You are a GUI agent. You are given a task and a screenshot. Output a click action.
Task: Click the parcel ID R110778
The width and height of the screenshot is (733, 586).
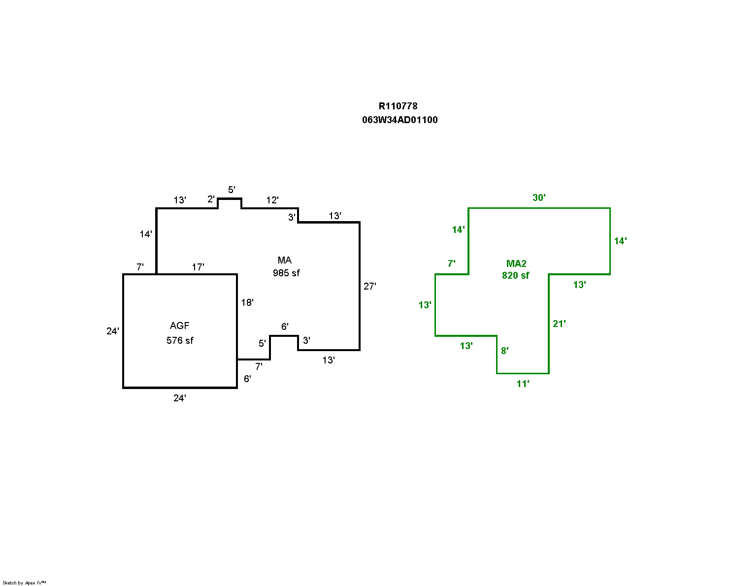pos(398,106)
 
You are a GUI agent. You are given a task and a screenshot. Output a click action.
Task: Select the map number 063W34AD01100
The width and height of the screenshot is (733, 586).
pos(400,120)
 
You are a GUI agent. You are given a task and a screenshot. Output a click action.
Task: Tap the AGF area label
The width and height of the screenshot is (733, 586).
pos(179,326)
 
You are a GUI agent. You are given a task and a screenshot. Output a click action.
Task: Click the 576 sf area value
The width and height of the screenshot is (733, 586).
pos(180,340)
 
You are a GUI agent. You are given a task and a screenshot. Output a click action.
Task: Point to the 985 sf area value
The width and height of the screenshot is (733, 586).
pos(286,273)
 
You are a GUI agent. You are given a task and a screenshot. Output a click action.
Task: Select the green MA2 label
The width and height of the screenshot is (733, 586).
pos(516,263)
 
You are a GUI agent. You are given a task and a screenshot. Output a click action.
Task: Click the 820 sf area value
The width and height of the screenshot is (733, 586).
pos(516,275)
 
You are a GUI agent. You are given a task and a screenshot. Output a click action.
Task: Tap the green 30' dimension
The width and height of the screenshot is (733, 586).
pos(539,197)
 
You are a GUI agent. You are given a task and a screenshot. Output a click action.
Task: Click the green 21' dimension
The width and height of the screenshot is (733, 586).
pos(559,324)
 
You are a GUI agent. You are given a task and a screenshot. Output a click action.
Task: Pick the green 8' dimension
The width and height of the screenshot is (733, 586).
pos(505,351)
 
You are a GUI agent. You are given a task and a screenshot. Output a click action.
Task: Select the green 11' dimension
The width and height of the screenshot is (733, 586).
pos(523,384)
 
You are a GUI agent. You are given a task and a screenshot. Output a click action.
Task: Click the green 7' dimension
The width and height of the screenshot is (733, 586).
pos(451,263)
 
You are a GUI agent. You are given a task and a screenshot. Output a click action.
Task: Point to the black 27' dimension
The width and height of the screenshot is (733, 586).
pos(370,286)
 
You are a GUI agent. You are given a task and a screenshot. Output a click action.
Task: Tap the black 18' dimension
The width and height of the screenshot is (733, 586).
pos(247,302)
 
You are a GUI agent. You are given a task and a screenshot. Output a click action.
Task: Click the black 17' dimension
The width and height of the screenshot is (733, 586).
pos(198,267)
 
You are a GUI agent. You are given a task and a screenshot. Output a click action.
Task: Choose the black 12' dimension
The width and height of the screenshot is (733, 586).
pos(272,200)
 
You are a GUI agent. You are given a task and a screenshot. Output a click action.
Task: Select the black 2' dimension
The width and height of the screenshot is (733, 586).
pos(211,199)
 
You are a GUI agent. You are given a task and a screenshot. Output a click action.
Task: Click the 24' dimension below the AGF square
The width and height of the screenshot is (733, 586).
pos(180,398)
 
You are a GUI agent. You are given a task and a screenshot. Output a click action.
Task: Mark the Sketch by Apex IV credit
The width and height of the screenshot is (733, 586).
pos(25,583)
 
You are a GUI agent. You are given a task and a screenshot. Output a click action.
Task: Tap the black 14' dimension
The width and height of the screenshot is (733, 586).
pos(145,234)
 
